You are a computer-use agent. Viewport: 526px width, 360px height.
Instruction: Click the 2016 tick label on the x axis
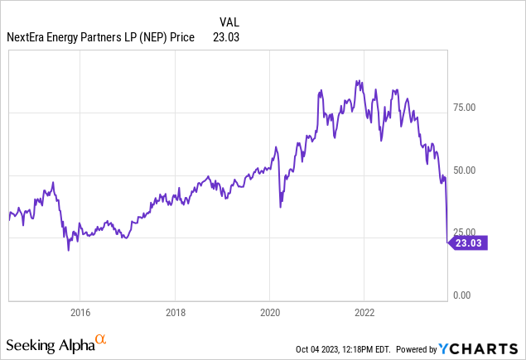(x=80, y=313)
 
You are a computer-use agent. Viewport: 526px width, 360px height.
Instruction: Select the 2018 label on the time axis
(x=175, y=313)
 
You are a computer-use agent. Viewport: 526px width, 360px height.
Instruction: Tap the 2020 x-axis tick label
(x=270, y=313)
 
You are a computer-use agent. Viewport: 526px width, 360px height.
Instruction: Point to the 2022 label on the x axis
(x=365, y=313)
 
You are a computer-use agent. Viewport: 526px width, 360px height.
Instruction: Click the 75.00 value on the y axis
(x=470, y=107)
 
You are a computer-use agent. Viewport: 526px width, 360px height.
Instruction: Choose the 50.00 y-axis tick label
(x=470, y=170)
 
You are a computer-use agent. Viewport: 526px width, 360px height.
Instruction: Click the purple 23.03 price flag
(x=470, y=242)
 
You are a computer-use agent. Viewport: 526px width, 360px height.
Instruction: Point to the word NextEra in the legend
(x=29, y=36)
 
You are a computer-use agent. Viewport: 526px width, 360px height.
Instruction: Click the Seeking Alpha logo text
(x=49, y=343)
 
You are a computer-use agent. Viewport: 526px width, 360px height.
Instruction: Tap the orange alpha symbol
(x=100, y=339)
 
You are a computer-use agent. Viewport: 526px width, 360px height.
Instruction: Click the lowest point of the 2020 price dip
(x=280, y=207)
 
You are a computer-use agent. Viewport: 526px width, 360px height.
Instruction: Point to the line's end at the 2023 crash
(x=447, y=242)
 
